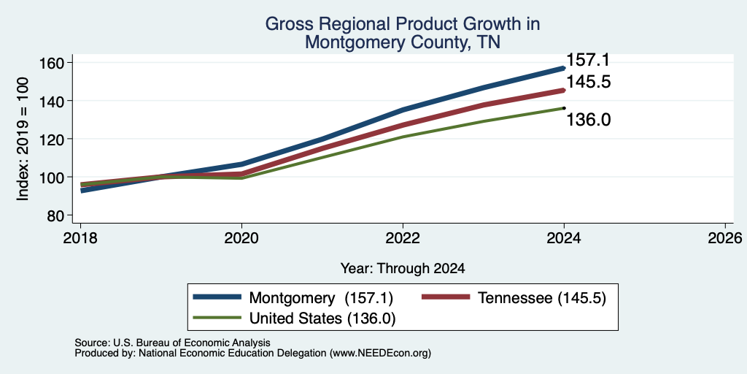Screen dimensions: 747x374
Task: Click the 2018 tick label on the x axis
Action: pyautogui.click(x=80, y=237)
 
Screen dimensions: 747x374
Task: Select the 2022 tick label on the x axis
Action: pyautogui.click(x=403, y=237)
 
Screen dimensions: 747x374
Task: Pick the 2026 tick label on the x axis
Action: pyautogui.click(x=725, y=237)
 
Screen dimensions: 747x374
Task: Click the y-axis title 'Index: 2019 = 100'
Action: pyautogui.click(x=23, y=139)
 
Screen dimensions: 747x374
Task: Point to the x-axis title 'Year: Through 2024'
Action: pyautogui.click(x=403, y=269)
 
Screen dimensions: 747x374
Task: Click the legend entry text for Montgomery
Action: pyautogui.click(x=321, y=298)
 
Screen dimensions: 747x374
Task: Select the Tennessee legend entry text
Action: pyautogui.click(x=542, y=298)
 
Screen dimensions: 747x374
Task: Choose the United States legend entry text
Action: pyautogui.click(x=322, y=318)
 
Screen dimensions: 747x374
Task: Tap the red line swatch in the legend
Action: pyautogui.click(x=446, y=297)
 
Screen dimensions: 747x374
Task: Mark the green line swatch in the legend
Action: pyautogui.click(x=217, y=317)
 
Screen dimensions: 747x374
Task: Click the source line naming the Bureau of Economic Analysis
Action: pyautogui.click(x=172, y=343)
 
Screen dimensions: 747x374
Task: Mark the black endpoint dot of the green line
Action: pyautogui.click(x=564, y=108)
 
